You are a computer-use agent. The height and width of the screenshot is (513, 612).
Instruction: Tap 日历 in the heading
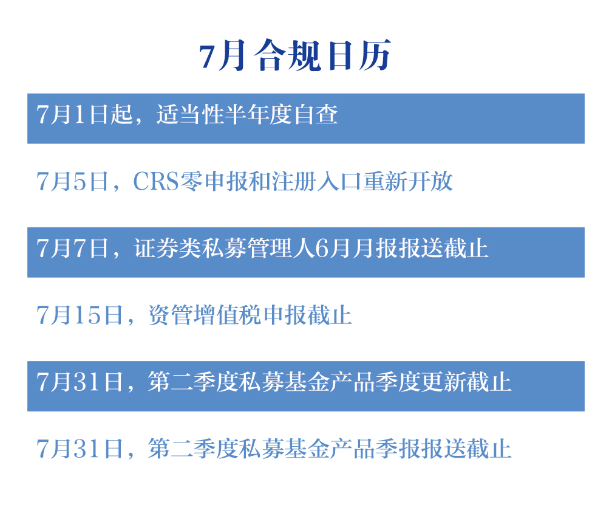359,55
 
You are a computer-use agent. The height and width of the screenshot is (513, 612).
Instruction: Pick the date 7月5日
72,181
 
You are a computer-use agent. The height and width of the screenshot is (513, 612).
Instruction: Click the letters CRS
156,181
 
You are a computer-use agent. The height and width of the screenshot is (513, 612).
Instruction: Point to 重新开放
407,181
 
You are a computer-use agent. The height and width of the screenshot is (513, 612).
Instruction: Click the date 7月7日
72,248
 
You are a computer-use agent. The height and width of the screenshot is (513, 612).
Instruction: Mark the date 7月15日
80,315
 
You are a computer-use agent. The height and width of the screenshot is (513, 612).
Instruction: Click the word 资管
171,315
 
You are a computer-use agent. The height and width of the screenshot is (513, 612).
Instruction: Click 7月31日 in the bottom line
80,449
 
